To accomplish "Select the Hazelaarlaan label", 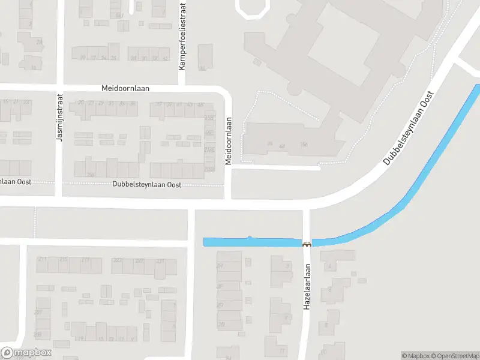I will (307, 286).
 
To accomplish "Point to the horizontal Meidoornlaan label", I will (125, 88).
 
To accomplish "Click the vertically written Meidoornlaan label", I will (229, 140).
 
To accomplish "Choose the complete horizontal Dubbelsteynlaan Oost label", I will (146, 185).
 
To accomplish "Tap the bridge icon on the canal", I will (307, 243).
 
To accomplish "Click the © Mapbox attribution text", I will (414, 356).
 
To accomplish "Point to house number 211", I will (42, 259).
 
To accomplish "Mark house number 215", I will (64, 259).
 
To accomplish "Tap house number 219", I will (85, 259).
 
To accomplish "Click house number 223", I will (118, 260).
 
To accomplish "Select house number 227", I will (139, 260).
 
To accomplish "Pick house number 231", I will (160, 261).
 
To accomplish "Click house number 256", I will (91, 175).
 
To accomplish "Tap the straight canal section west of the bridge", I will (252, 242).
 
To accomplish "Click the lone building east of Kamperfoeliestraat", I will (205, 56).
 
